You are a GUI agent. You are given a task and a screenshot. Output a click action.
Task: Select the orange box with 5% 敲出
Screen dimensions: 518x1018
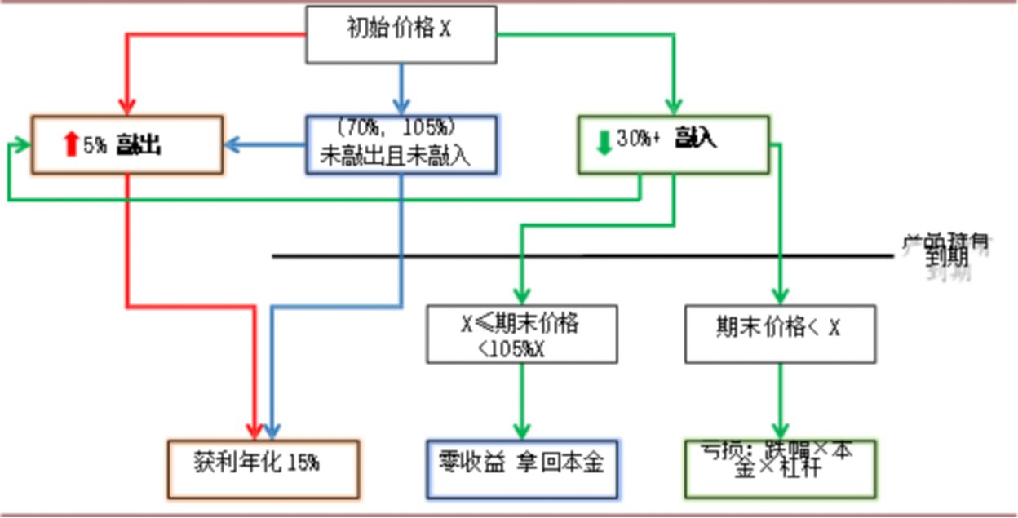click(127, 144)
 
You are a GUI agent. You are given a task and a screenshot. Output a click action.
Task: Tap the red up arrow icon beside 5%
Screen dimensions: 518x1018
click(70, 145)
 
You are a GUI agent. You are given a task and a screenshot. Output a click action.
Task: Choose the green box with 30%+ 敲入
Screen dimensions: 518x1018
click(673, 144)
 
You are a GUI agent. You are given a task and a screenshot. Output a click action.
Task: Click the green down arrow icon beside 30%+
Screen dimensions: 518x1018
click(604, 142)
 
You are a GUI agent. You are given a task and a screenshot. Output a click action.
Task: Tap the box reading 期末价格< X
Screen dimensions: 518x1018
click(780, 334)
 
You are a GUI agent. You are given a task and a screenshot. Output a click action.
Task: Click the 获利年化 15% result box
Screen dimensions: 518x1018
click(263, 468)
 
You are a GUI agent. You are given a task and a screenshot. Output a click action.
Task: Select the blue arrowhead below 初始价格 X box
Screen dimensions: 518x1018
click(401, 106)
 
